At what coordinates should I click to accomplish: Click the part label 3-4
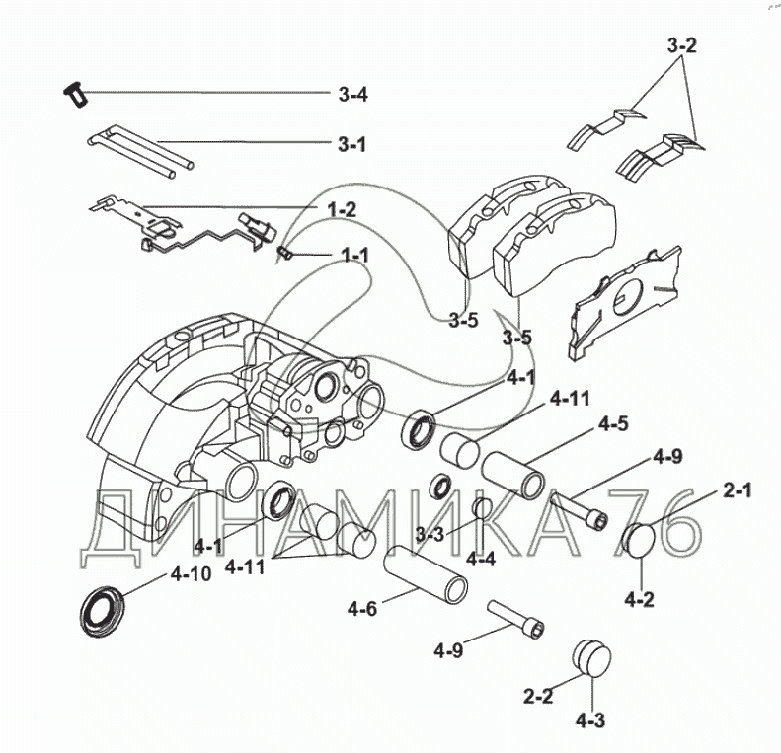352,95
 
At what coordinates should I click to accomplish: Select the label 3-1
352,144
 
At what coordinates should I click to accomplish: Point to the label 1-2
342,209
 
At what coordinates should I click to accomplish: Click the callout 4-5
613,426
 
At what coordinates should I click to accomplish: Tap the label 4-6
361,609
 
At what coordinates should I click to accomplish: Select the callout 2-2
539,696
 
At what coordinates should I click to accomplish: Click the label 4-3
589,720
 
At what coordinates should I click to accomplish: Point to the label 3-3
430,534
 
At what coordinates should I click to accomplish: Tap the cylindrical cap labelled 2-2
589,656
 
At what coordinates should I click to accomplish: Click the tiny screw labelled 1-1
284,254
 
